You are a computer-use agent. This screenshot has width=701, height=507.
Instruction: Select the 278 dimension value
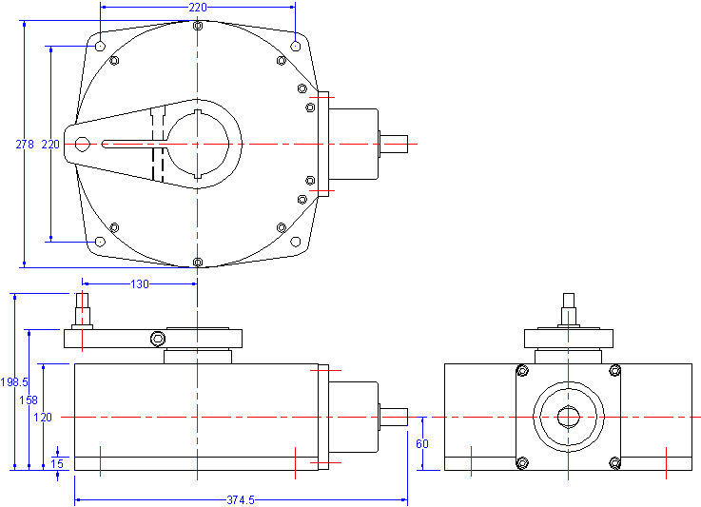(25, 145)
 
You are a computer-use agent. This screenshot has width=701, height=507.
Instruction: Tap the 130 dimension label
(139, 283)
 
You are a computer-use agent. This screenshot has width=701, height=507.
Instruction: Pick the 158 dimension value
(29, 400)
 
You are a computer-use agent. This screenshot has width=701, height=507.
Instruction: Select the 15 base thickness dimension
(58, 462)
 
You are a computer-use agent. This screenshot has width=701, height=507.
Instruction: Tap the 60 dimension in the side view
(423, 443)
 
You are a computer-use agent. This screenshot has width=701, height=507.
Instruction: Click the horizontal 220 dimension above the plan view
(197, 7)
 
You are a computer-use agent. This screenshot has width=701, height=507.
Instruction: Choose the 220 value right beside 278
(50, 145)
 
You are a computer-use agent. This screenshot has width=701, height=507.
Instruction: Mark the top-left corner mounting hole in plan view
(99, 45)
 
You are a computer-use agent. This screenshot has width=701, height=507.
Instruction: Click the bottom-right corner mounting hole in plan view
(295, 242)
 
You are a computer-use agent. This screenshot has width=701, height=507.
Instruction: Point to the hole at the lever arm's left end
(82, 145)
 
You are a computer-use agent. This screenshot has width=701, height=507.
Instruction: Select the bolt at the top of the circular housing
(197, 26)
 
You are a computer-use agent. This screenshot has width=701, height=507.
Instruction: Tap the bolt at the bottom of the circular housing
(197, 262)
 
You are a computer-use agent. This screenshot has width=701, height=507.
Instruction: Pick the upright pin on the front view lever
(83, 309)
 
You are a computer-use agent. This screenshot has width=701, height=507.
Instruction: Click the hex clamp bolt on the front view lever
(156, 339)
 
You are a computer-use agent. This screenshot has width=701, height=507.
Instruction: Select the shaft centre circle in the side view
(568, 417)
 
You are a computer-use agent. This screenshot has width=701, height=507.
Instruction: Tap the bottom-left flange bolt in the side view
(521, 462)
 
